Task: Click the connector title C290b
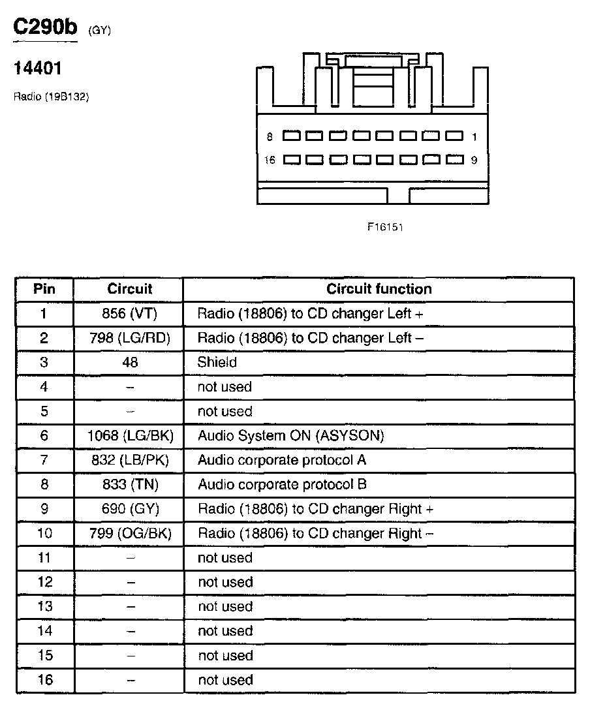click(45, 28)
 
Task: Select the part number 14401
click(38, 68)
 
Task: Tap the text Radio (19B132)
click(51, 97)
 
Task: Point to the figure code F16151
click(385, 227)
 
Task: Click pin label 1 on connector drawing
click(474, 137)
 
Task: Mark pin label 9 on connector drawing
click(474, 160)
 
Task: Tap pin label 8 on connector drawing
click(270, 137)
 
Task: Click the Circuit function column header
click(379, 289)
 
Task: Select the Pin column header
click(44, 289)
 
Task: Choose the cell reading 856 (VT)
click(129, 314)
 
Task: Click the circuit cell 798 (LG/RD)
click(129, 338)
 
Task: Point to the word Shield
click(217, 362)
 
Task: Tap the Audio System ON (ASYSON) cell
click(291, 436)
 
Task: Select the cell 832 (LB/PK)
click(130, 460)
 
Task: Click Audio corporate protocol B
click(282, 485)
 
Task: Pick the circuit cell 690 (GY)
click(130, 509)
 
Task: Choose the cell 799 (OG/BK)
click(130, 534)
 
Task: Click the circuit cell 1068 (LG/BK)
click(130, 436)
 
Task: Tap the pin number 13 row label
click(44, 607)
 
